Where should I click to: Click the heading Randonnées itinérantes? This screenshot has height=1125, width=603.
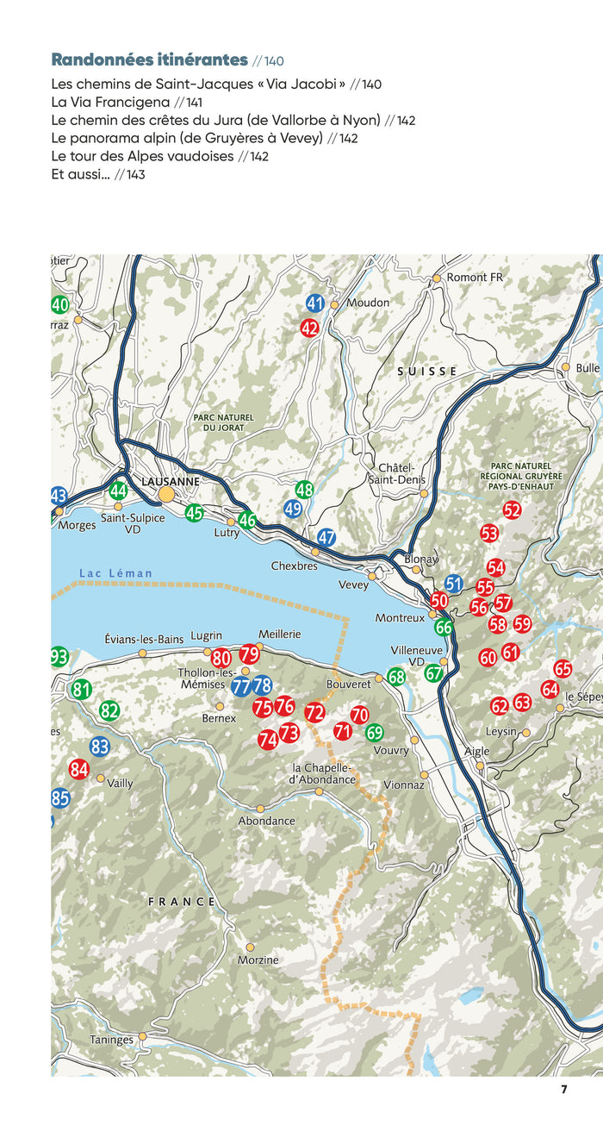click(x=149, y=59)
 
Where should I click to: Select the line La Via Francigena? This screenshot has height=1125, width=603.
click(x=111, y=103)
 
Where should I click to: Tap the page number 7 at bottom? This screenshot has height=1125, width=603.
click(x=564, y=1089)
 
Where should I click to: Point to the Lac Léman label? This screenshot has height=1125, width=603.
click(x=115, y=573)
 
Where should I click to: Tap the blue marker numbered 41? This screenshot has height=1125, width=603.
click(x=315, y=303)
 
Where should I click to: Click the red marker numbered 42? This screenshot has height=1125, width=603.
click(x=310, y=328)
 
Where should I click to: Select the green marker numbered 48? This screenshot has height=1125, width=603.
click(x=304, y=490)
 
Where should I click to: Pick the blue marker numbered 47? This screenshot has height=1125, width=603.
click(x=326, y=538)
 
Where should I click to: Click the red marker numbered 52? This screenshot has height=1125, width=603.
click(x=513, y=510)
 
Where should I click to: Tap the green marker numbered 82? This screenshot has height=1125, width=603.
click(x=109, y=711)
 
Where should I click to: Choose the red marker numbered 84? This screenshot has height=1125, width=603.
click(x=79, y=769)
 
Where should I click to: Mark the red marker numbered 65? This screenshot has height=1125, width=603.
click(x=563, y=669)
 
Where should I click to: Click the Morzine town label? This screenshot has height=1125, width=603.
click(x=259, y=959)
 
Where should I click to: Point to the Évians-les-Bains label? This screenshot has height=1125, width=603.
click(x=144, y=639)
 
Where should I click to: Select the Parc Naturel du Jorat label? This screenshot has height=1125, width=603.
click(x=224, y=422)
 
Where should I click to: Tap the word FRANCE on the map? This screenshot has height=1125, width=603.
click(x=182, y=902)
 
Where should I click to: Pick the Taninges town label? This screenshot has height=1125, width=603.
click(x=112, y=1040)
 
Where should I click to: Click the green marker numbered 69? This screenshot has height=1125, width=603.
click(x=374, y=733)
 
